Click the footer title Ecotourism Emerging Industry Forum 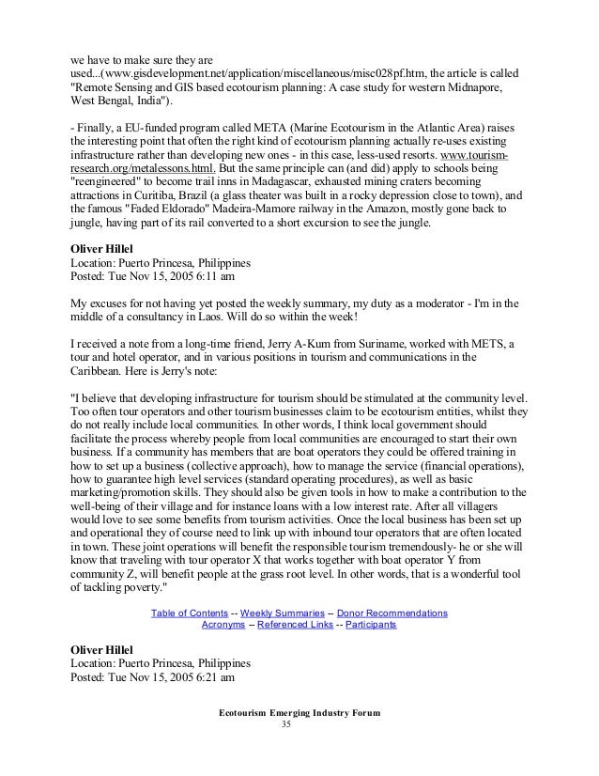pos(299,714)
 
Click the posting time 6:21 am pos(217,676)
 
